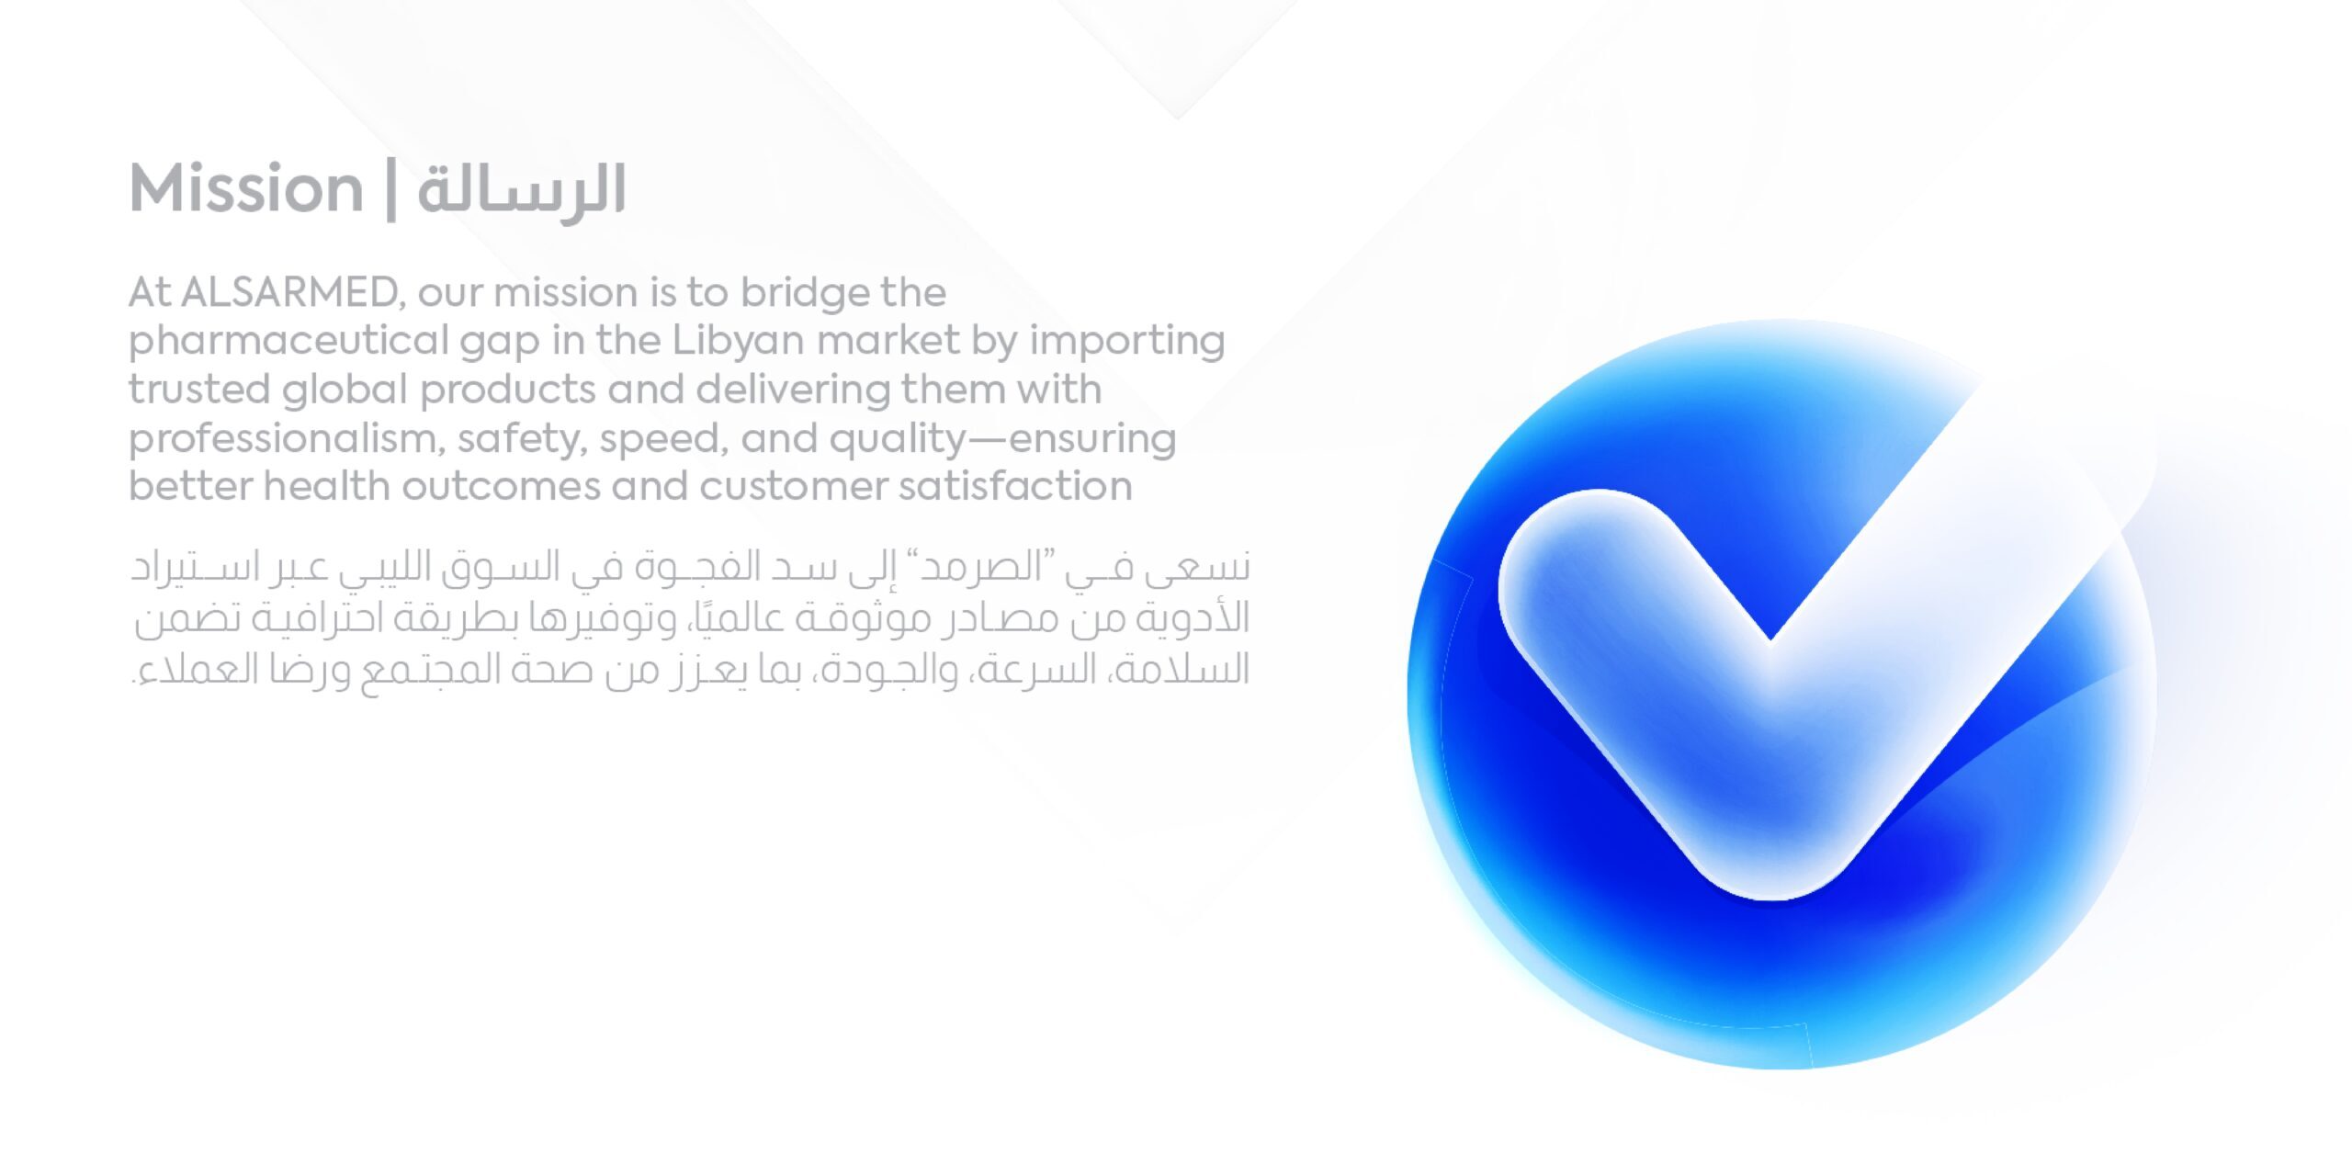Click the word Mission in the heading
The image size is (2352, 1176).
[246, 188]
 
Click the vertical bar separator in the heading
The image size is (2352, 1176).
[391, 189]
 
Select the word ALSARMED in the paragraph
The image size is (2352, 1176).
[289, 292]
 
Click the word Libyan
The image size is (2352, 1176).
[739, 342]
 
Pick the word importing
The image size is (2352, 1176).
[1126, 342]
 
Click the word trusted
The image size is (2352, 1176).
[198, 390]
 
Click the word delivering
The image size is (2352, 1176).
[793, 390]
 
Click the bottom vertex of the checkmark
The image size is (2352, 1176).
[1773, 896]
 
